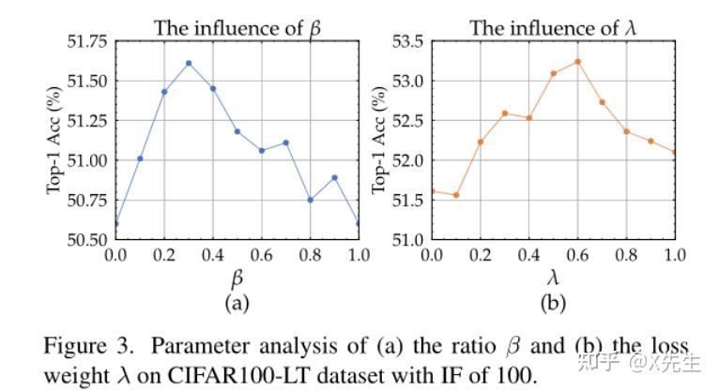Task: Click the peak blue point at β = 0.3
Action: click(x=189, y=63)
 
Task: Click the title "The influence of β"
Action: click(x=237, y=28)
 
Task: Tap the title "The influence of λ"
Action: click(x=553, y=28)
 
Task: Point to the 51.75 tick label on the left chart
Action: click(x=84, y=41)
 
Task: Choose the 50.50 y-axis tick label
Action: click(x=84, y=239)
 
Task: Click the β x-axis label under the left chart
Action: click(x=237, y=279)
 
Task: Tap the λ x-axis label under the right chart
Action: click(x=554, y=279)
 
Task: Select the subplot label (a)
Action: click(x=237, y=303)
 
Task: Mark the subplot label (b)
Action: click(x=554, y=303)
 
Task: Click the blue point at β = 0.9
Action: click(x=334, y=177)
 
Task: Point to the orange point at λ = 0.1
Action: click(x=456, y=195)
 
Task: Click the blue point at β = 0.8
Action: click(x=310, y=200)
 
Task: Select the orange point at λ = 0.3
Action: click(x=505, y=113)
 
